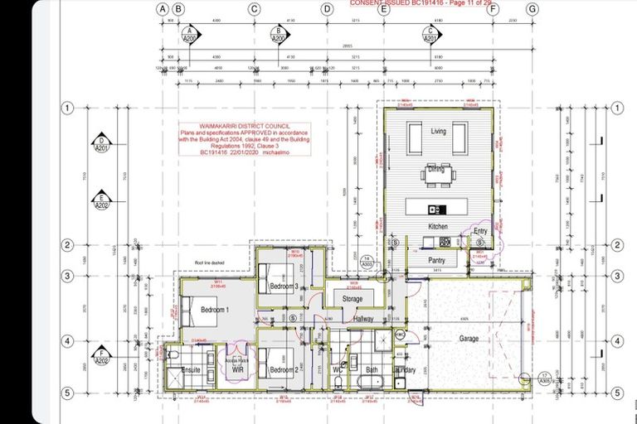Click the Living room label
(x=439, y=132)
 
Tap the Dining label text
(x=437, y=168)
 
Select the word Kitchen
(x=438, y=226)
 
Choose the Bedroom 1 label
(x=215, y=309)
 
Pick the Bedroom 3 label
(x=284, y=286)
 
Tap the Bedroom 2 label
(x=284, y=369)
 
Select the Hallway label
(x=363, y=319)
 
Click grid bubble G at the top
(x=532, y=9)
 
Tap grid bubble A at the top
(x=163, y=9)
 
